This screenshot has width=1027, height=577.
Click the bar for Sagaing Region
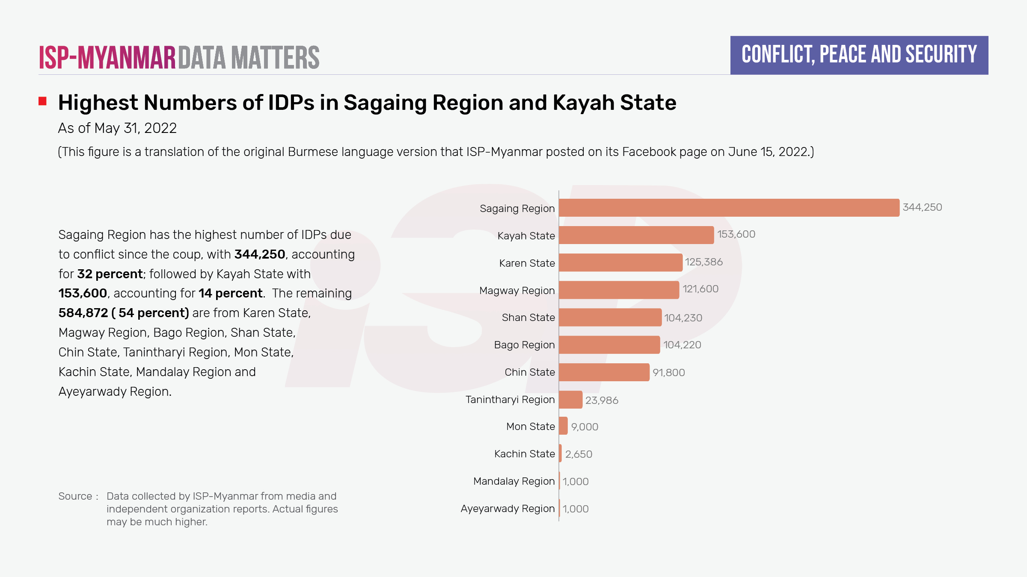point(729,208)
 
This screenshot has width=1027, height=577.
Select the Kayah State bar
point(636,235)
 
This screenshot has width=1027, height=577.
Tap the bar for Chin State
point(604,372)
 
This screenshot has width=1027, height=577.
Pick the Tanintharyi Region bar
point(570,400)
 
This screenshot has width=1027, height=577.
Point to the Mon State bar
point(563,426)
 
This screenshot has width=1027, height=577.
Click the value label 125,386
point(703,262)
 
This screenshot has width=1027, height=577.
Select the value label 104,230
point(683,318)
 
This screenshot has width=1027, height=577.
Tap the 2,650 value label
point(579,454)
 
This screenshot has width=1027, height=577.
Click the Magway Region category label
point(517,291)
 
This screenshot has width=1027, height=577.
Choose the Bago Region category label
point(524,345)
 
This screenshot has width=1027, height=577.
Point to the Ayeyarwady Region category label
point(508,509)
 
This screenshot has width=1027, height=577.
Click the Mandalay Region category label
point(514,481)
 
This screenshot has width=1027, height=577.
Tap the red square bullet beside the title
point(42,101)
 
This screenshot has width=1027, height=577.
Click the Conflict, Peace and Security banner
point(859,55)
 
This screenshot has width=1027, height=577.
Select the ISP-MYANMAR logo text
point(107,58)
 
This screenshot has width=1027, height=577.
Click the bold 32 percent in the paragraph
point(110,274)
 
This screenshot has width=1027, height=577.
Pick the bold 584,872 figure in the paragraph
point(83,313)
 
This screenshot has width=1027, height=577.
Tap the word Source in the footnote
point(75,496)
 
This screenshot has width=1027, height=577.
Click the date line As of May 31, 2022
point(117,128)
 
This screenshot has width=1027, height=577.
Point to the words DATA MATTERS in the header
point(249,58)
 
